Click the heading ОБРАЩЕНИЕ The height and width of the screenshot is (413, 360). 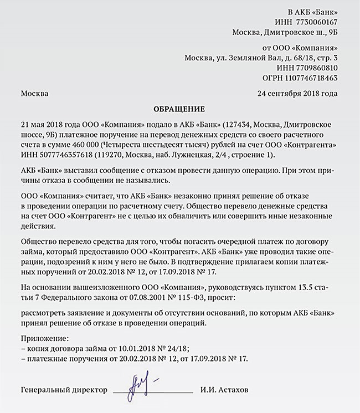coord(179,109)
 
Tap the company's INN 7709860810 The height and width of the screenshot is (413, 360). coord(318,68)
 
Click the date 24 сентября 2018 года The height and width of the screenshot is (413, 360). coord(297,93)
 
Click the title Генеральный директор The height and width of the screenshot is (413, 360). coord(64,390)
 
